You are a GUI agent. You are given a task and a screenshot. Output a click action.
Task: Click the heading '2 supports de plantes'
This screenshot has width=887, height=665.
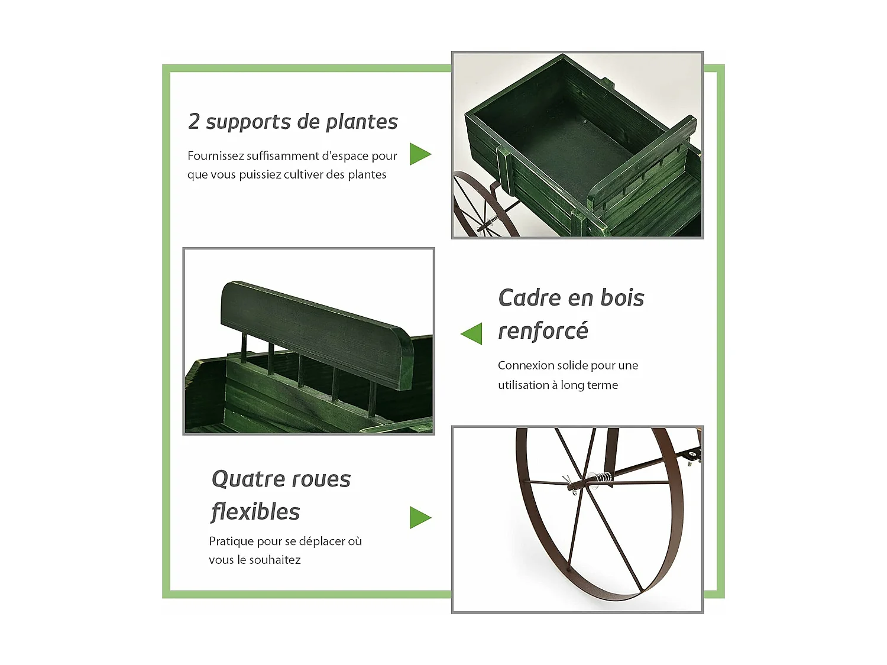293,122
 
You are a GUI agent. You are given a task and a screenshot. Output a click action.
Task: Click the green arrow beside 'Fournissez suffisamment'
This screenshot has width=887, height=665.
420,154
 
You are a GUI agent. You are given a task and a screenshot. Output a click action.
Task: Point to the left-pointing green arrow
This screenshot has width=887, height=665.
472,334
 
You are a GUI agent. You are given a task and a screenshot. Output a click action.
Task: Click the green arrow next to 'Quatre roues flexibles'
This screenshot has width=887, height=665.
420,518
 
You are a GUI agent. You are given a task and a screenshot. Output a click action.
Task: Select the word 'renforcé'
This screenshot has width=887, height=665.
543,331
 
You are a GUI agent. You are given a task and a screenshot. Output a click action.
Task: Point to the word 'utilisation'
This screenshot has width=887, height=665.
523,385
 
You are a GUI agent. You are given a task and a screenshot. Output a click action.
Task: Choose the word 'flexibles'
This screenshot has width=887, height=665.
255,512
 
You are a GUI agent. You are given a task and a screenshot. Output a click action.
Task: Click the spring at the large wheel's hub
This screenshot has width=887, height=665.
603,478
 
